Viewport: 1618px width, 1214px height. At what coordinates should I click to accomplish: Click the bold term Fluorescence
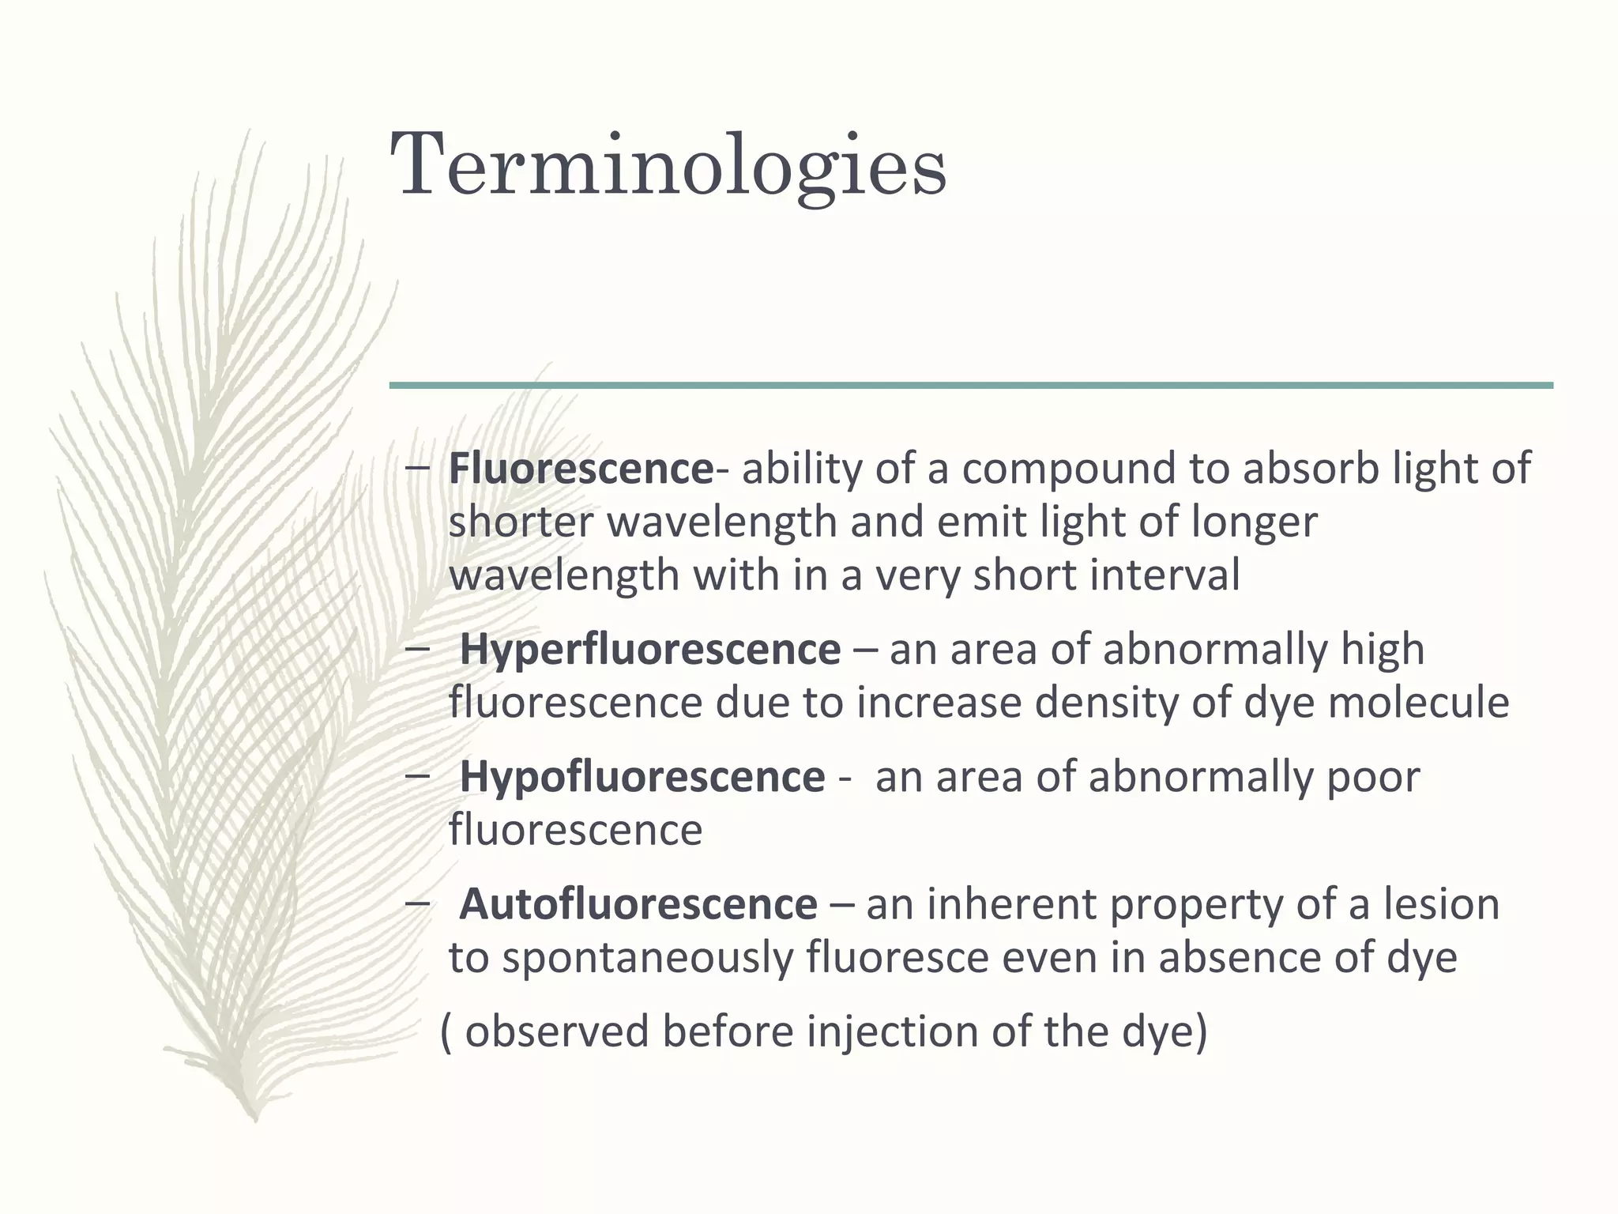coord(581,468)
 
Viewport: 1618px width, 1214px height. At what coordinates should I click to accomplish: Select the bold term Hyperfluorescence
coord(649,650)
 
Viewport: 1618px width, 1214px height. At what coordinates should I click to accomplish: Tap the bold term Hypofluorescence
coord(642,776)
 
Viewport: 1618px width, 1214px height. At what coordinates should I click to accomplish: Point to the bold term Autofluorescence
coord(638,903)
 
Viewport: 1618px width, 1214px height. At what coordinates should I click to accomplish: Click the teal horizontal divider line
coord(971,385)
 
